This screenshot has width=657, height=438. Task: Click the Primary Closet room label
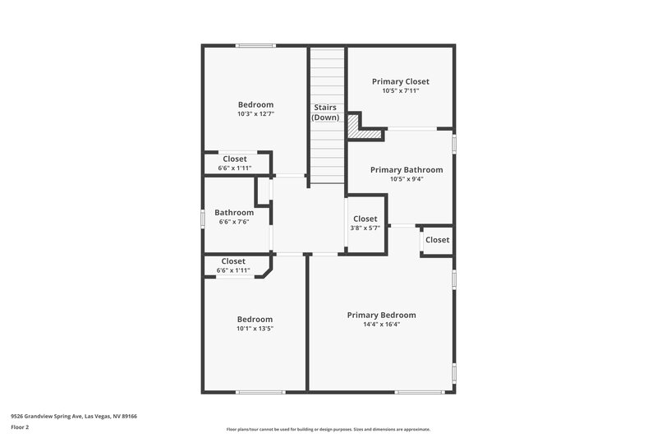[x=400, y=81]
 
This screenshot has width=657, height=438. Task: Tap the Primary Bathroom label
[x=406, y=170]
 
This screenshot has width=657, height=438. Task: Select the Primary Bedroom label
[x=381, y=315]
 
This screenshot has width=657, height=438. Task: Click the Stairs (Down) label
[x=325, y=113]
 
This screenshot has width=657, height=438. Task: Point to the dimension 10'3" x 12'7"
[x=255, y=114]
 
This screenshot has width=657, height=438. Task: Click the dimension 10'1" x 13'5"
[x=255, y=329]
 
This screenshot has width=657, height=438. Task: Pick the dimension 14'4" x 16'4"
[x=381, y=325]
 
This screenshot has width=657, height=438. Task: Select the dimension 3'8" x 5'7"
[x=365, y=228]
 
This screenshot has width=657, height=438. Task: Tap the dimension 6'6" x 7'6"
[x=234, y=222]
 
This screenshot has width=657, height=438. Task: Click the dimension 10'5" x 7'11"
[x=400, y=91]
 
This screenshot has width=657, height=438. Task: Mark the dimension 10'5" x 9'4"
[x=406, y=180]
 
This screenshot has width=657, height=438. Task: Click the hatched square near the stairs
[x=353, y=127]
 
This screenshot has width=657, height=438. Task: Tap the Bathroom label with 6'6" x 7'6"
[x=234, y=212]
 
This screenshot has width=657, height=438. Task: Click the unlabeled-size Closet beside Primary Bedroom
[x=437, y=240]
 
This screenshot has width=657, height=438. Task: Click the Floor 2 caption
[x=20, y=427]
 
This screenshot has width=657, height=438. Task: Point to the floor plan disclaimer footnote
[x=328, y=429]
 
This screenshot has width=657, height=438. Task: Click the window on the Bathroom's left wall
[x=203, y=219]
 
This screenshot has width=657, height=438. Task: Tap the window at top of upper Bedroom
[x=255, y=45]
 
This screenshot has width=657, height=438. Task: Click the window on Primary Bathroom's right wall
[x=453, y=142]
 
